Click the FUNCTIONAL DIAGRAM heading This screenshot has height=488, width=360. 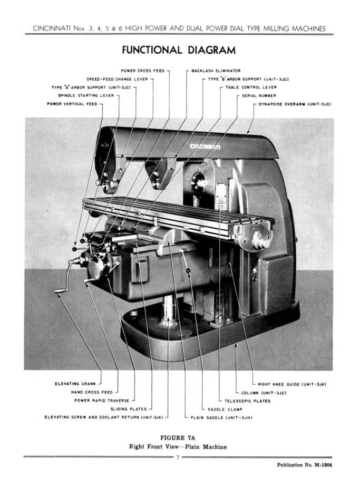pos(179,51)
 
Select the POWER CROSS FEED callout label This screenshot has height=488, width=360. pos(143,70)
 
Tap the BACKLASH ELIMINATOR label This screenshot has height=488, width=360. pos(216,70)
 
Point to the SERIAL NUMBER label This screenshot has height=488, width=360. pos(259,95)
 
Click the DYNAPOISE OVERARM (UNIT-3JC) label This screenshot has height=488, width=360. pos(295,104)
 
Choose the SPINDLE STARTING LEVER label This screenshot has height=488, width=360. pos(86,95)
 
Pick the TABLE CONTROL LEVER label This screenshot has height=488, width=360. pos(251,87)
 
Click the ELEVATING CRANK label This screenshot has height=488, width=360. pos(75,384)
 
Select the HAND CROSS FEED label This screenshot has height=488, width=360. pos(92,392)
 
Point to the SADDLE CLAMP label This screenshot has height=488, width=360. pos(226,409)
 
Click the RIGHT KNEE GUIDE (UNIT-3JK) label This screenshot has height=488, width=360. pos(293,384)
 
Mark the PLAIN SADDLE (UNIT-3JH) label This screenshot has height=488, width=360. pos(221,417)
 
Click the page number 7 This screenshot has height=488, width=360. pos(178,457)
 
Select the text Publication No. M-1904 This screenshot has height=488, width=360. pos(304,465)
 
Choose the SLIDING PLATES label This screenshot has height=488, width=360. pos(129,409)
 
